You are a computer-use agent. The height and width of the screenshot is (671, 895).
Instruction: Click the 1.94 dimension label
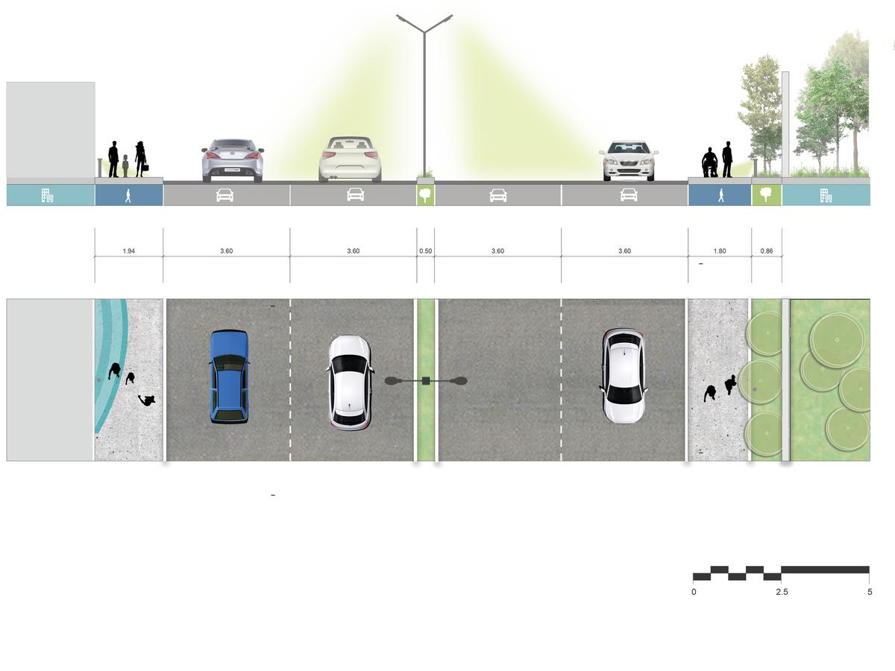pos(128,251)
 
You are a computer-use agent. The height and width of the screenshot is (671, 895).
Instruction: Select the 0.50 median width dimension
pos(425,251)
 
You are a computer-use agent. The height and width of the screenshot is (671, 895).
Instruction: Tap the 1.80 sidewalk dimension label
pos(719,251)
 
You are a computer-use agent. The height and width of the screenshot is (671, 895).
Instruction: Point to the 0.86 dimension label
pos(767,251)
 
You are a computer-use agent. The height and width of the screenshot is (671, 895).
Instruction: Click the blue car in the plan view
pos(228,377)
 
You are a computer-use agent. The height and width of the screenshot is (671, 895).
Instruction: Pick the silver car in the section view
pos(233,160)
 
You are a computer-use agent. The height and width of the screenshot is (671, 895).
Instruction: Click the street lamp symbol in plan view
pos(426,381)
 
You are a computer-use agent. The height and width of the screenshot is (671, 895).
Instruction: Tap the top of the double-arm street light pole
pos(424,30)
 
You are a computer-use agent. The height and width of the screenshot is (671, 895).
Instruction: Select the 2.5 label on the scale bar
pos(781,592)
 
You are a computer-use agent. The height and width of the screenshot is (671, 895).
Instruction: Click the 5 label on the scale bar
pos(870,592)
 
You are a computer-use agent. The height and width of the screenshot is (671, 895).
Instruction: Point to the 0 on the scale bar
pos(694,592)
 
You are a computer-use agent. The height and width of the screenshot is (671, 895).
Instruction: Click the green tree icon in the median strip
pos(425,195)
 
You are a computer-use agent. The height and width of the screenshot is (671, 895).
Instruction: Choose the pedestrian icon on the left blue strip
pos(128,195)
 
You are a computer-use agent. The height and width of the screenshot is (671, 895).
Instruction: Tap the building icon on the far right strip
pos(826,195)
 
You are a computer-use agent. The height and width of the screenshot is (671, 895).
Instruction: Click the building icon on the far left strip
pos(47,195)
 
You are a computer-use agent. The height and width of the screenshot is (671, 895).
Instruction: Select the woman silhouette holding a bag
pos(140,159)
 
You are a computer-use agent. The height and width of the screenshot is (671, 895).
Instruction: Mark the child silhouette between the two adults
pos(125,166)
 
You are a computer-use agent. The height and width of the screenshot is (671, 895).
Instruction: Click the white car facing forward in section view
pos(629,160)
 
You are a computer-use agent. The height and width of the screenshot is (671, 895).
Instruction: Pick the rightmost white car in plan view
pos(624,376)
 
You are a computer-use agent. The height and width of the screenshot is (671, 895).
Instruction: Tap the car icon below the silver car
pos(224,195)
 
